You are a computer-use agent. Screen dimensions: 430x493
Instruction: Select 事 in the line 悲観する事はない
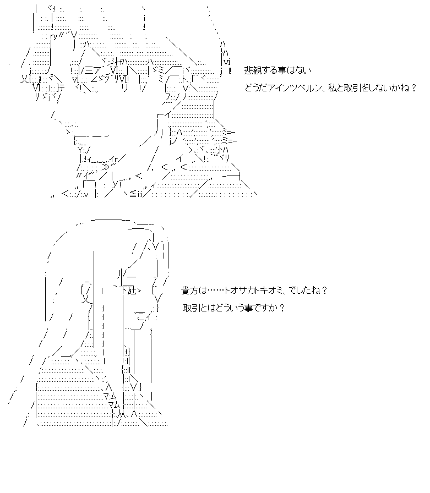(x=281, y=70)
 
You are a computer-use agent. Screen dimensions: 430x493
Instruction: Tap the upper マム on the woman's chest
(x=108, y=396)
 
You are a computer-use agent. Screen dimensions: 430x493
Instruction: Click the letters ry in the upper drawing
(x=54, y=36)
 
